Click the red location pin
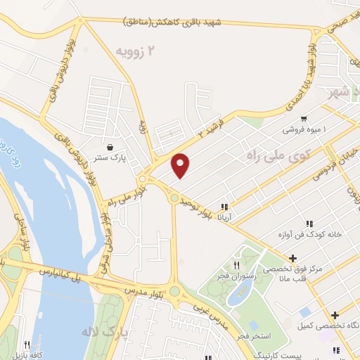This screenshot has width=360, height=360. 181,165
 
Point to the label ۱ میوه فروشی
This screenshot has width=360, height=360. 309,129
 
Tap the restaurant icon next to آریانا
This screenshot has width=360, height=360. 224,207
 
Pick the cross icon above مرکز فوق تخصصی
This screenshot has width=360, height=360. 292,258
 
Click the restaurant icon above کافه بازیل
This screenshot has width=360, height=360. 27,345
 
